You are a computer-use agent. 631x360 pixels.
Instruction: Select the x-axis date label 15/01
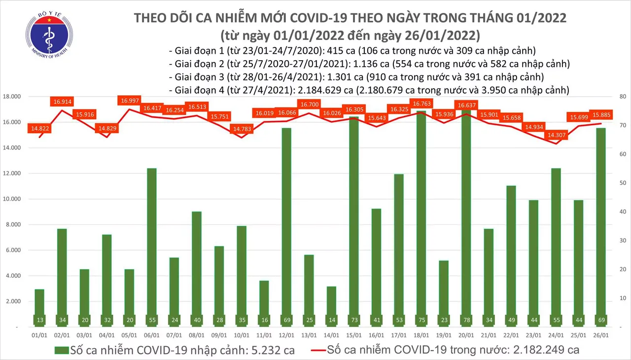tap(352, 335)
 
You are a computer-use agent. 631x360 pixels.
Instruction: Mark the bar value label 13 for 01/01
tap(39, 320)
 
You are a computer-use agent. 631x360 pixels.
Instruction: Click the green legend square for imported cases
tap(61, 350)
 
